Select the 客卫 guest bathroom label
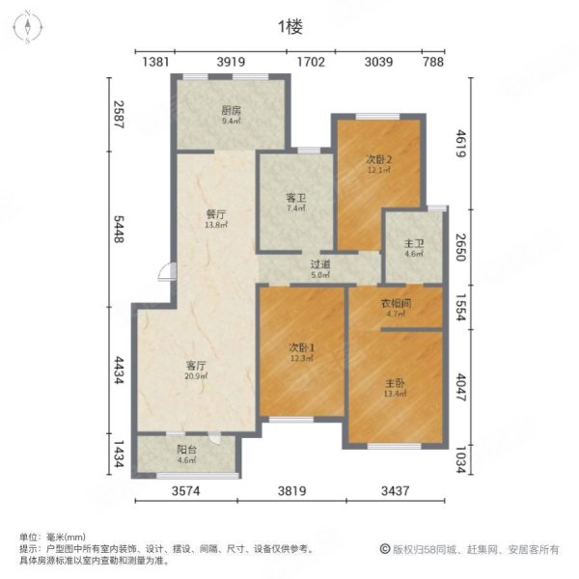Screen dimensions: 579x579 tap(294, 197)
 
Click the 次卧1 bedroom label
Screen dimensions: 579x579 tap(300, 348)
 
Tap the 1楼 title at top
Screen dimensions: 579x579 tap(289, 28)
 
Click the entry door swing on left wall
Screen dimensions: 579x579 tap(166, 271)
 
